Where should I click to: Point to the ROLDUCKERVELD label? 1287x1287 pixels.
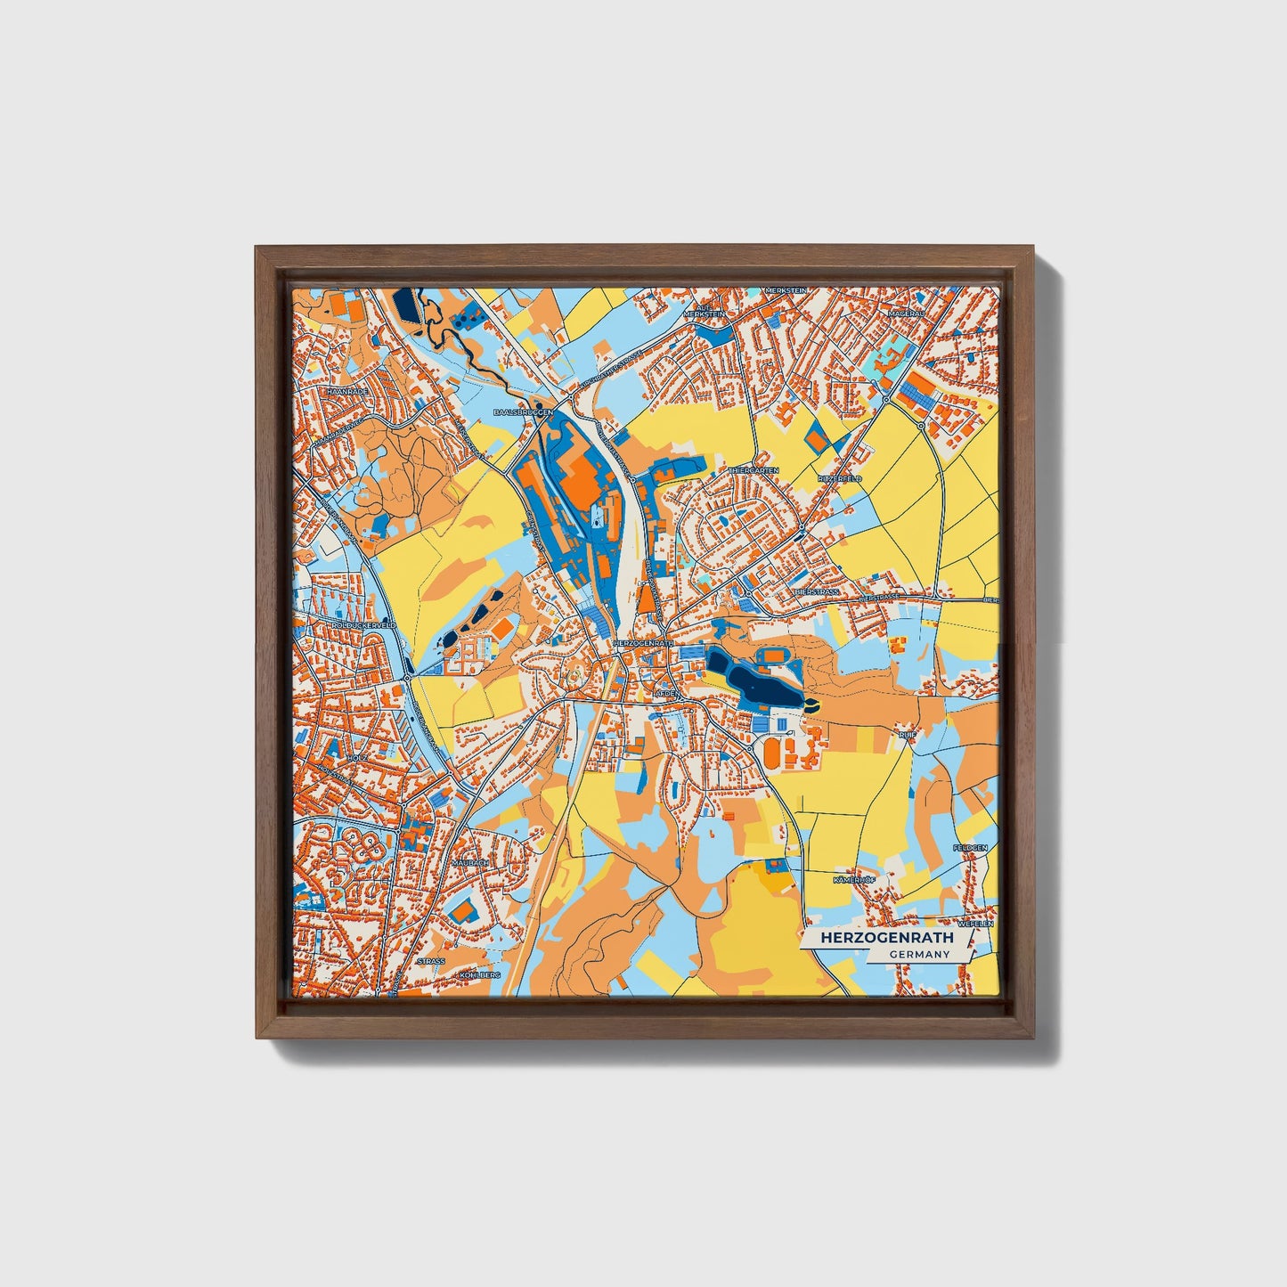362,626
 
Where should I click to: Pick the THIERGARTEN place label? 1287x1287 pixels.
754,470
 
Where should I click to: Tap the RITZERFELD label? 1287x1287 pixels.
840,478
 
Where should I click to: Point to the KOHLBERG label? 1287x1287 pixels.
480,975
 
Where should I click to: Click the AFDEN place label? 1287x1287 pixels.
666,692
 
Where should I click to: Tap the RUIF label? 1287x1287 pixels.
907,736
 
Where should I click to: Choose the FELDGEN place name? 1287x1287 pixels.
970,848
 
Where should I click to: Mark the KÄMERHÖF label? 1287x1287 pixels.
854,880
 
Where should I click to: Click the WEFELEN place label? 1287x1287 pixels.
975,925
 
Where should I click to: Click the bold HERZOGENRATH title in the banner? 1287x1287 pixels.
886,938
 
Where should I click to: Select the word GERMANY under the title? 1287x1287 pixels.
919,955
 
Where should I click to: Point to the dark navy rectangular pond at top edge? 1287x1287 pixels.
406,307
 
